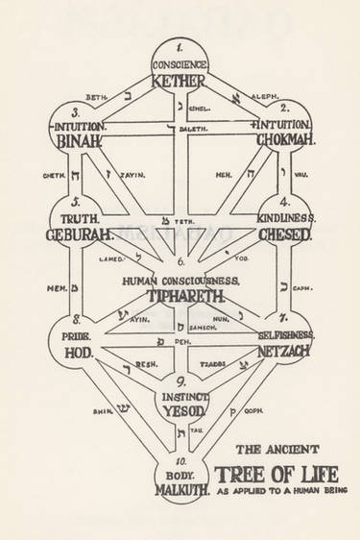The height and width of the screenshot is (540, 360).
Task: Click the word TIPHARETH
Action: tap(180, 295)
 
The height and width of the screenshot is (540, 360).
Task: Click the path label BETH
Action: tap(95, 98)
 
